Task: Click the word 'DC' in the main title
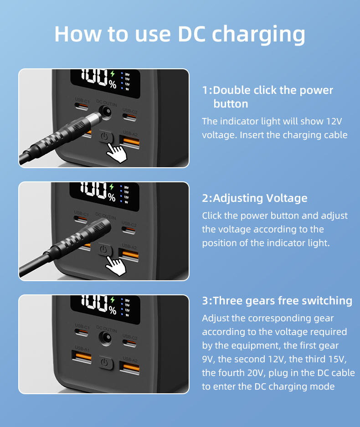pyautogui.click(x=193, y=34)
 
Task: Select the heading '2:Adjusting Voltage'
pyautogui.click(x=254, y=198)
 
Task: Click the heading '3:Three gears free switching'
pyautogui.click(x=277, y=301)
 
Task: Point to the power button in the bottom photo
pyautogui.click(x=106, y=363)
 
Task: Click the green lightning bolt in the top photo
pyautogui.click(x=113, y=74)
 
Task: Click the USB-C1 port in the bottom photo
pyautogui.click(x=82, y=333)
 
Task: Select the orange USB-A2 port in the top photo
pyautogui.click(x=129, y=141)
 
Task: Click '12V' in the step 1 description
pyautogui.click(x=334, y=121)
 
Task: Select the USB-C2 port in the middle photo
pyautogui.click(x=129, y=229)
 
